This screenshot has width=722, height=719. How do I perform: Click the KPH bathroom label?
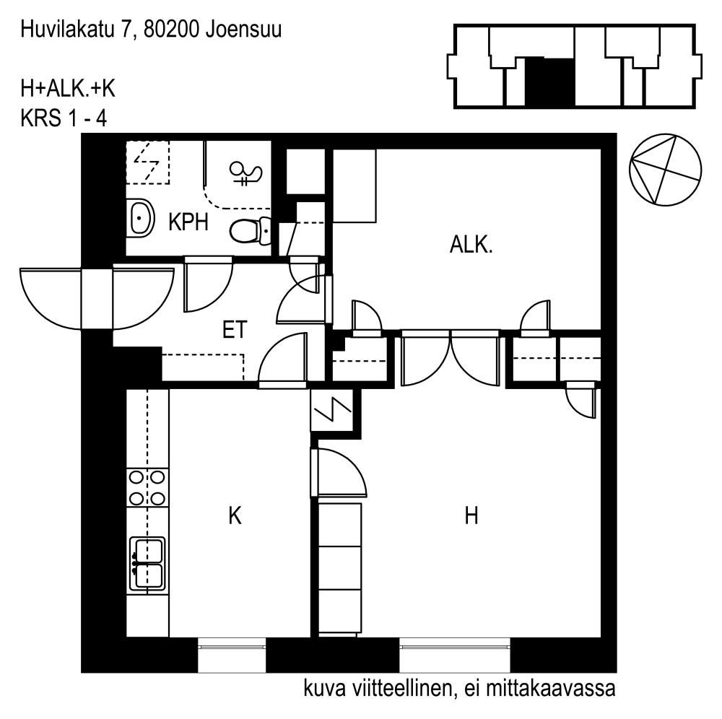click(x=188, y=222)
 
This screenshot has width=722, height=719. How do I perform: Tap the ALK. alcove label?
click(x=471, y=245)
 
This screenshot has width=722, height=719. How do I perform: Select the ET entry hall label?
click(x=235, y=330)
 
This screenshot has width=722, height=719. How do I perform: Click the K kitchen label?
click(x=235, y=515)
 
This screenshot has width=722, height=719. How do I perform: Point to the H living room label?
click(x=471, y=515)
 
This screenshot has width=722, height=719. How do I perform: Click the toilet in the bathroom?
click(x=251, y=230)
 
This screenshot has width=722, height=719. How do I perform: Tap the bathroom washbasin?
click(x=140, y=218)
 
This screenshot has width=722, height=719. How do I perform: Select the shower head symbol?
click(x=245, y=173)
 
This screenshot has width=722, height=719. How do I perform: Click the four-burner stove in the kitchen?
click(x=147, y=488)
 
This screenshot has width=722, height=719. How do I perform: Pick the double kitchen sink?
click(x=147, y=563)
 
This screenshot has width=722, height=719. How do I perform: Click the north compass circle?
click(x=665, y=170)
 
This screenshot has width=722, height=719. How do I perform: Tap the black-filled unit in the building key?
click(x=549, y=82)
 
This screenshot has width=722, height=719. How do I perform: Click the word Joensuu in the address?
click(x=243, y=30)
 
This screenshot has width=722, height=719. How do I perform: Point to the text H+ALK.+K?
click(x=68, y=89)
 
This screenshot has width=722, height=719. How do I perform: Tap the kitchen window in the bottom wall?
click(x=232, y=648)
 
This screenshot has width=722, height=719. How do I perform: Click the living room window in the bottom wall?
click(x=454, y=648)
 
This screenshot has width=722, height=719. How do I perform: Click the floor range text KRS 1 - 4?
click(x=64, y=119)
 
